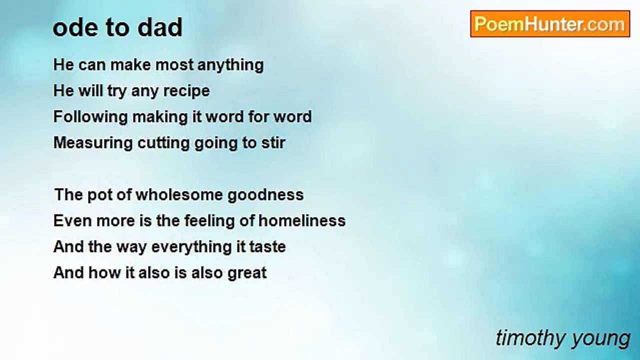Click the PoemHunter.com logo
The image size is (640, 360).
coord(550,24)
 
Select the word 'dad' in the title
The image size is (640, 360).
coord(159,27)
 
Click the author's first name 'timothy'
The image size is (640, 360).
coord(529,338)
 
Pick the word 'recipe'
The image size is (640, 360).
coord(186,91)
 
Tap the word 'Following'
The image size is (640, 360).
coord(90,117)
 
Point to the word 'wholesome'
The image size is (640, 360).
coord(179,195)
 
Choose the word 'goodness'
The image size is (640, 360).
coord(265,195)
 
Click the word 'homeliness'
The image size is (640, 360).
coord(302,221)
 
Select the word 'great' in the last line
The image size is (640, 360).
coord(247,273)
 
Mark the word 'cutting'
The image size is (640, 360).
coord(163,143)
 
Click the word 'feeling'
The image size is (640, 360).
coord(209,221)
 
